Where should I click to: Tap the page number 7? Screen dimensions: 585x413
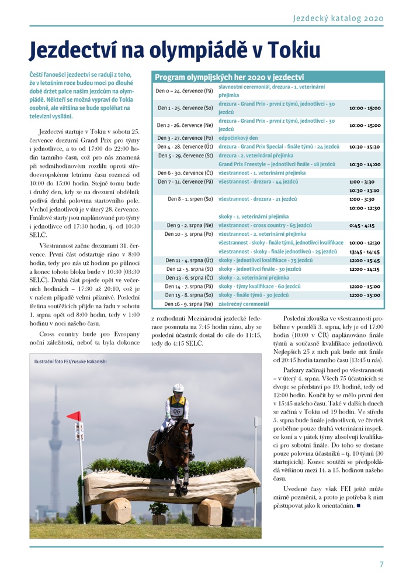tap(381, 565)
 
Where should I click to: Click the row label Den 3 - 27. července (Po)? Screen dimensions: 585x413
tap(184, 137)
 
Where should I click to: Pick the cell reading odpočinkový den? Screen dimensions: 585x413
tap(240, 137)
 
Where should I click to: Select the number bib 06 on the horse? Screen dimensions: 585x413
tap(177, 412)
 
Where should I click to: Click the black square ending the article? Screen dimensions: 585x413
tap(357, 505)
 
